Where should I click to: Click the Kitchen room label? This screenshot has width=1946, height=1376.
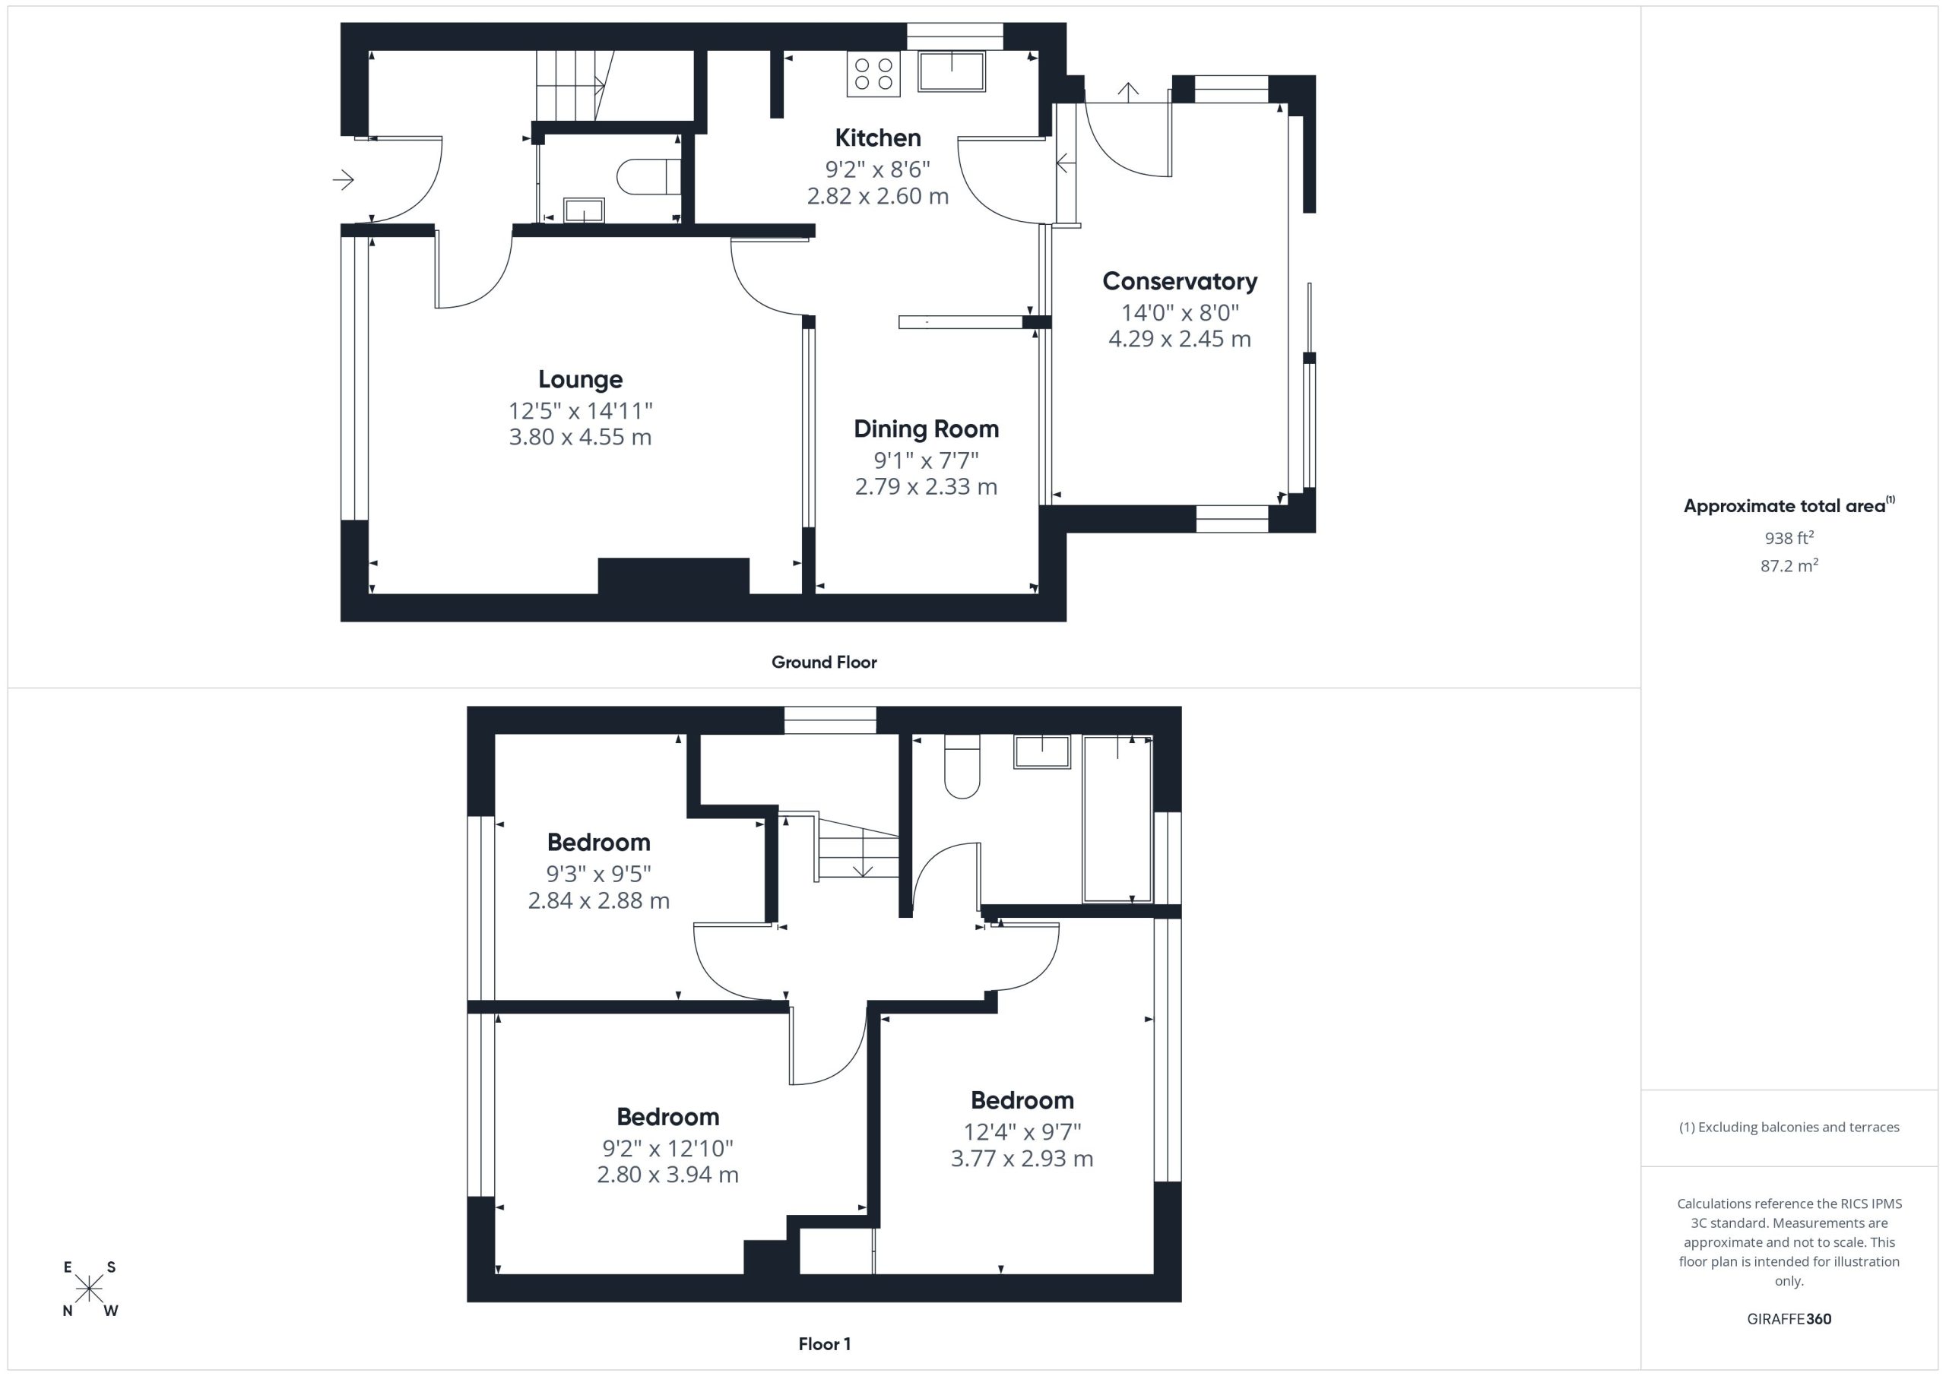click(877, 138)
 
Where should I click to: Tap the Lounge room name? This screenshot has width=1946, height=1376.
click(581, 380)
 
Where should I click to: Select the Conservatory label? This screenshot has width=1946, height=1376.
click(1180, 281)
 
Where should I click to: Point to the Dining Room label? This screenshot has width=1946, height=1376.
click(927, 429)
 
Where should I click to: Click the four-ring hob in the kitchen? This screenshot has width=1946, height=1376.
click(873, 73)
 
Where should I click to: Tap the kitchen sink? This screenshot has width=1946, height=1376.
click(951, 71)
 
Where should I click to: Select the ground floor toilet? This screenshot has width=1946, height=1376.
click(648, 177)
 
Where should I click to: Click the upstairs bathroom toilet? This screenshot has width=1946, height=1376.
click(962, 767)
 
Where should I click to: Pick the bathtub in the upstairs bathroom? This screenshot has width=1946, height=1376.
click(1117, 819)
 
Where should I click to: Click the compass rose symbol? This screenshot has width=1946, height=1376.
click(89, 1289)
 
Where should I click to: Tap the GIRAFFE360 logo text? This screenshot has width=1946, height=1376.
click(1789, 1319)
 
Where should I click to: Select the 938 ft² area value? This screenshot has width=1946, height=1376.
click(1789, 538)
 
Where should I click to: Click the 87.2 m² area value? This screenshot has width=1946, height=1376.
click(1789, 565)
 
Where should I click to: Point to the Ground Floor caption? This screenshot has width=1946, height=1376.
click(824, 663)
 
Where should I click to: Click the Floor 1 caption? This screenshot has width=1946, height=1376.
click(825, 1344)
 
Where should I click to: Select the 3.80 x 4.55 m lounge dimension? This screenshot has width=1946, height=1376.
click(581, 437)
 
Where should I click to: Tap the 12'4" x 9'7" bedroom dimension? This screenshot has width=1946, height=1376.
click(1022, 1131)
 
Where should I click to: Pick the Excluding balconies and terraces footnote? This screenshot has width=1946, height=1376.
click(1789, 1127)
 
